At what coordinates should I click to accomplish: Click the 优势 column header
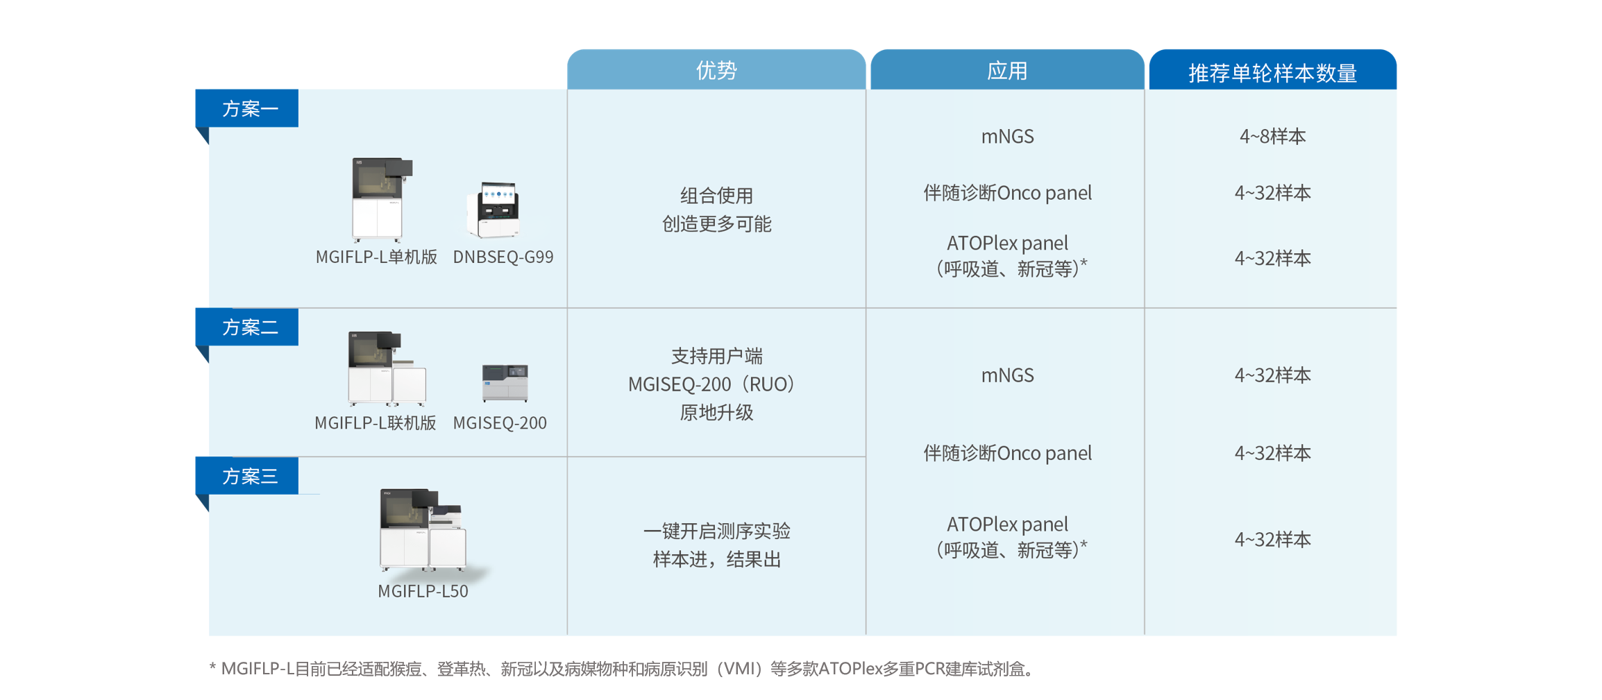(x=716, y=70)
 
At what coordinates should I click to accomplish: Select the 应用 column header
(x=1006, y=70)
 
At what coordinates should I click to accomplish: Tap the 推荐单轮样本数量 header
(x=1272, y=72)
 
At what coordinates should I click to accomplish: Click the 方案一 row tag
(x=248, y=108)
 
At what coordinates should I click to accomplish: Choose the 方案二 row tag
(x=248, y=327)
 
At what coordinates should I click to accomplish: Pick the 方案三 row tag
(x=248, y=476)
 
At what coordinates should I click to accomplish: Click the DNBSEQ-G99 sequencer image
(x=494, y=210)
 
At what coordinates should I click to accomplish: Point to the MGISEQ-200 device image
(x=505, y=382)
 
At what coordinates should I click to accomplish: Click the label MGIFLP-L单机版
(x=376, y=257)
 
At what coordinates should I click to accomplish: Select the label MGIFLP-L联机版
(x=375, y=422)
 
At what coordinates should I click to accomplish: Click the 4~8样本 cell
(x=1272, y=136)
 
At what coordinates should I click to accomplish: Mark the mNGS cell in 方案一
(x=1007, y=136)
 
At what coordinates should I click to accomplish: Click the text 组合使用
(x=716, y=196)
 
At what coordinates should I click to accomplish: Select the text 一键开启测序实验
(x=716, y=531)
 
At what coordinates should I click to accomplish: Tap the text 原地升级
(x=716, y=412)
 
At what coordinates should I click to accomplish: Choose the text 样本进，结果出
(x=716, y=559)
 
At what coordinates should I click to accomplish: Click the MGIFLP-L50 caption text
(x=423, y=591)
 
